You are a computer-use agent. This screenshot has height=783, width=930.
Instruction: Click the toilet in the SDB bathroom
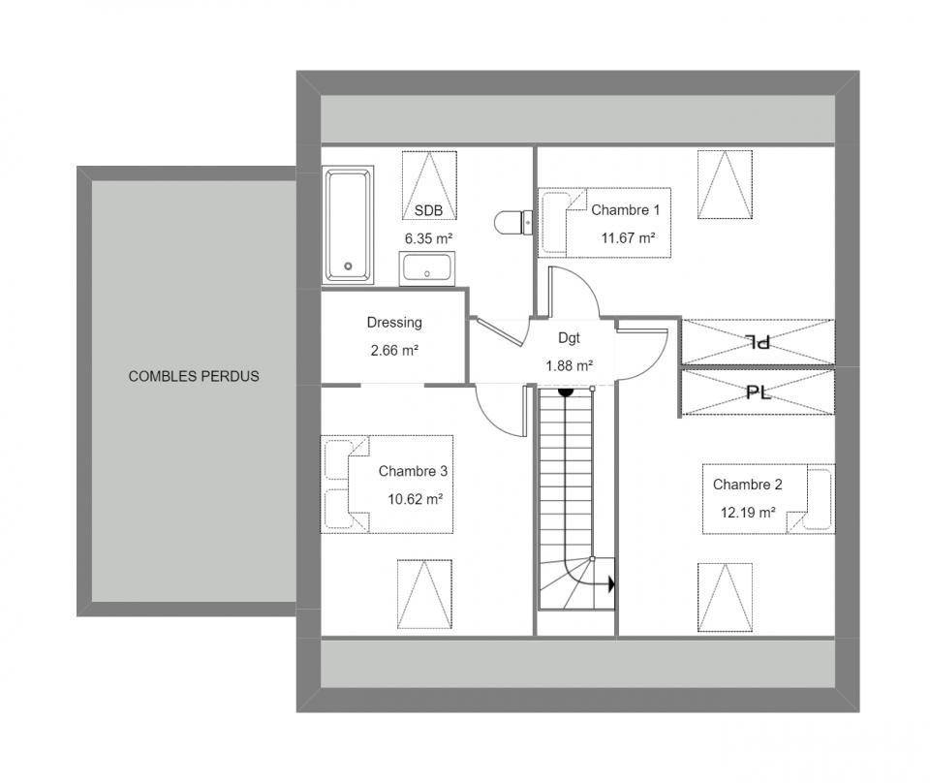coord(513,223)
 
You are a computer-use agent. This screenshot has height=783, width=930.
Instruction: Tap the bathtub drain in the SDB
coord(348,266)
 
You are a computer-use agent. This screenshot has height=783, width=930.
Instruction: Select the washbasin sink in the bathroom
coord(427,268)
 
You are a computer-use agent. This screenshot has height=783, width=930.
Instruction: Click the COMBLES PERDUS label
coord(194,376)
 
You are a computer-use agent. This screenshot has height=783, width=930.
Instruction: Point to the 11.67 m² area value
coord(628,237)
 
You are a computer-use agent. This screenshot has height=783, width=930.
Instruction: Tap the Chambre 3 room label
coord(413,471)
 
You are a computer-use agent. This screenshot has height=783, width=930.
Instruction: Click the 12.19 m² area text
coord(748,512)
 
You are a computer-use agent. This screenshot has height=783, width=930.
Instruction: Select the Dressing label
coord(394,323)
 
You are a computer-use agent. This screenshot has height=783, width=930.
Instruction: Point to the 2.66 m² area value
coord(394,351)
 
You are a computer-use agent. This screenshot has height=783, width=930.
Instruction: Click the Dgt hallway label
coord(569,338)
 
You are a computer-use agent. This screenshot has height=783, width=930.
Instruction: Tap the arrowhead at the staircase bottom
coord(611,584)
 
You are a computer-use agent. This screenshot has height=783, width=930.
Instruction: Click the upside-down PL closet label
coord(758,342)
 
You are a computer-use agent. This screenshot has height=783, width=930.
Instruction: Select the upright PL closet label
coord(758,391)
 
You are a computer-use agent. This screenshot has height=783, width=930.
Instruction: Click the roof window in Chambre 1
coord(725,184)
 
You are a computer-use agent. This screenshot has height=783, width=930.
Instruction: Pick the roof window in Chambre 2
coord(725,598)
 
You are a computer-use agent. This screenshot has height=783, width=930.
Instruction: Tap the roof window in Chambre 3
coord(424,594)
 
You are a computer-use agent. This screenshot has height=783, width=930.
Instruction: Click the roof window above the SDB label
coord(429,186)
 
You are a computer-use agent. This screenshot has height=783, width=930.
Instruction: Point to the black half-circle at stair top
coord(565,391)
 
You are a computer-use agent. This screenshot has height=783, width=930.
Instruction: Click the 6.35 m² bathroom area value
coord(428,238)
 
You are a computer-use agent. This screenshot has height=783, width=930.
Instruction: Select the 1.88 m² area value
coord(569,366)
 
